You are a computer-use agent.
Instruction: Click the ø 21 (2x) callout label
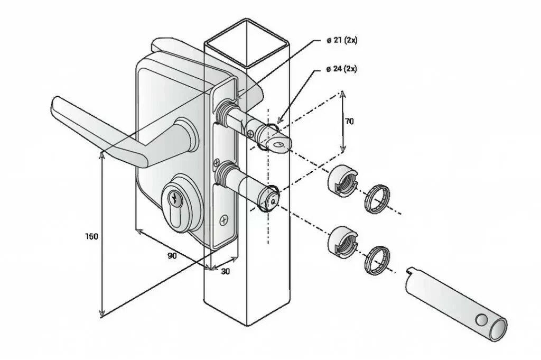[x=342, y=40]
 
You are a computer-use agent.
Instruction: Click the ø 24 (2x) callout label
[x=341, y=69]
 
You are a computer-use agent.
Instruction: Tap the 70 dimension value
[x=349, y=121]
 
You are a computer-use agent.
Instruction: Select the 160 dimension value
[x=91, y=236]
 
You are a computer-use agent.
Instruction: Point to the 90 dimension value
[x=172, y=256]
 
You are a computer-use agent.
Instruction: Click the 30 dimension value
[x=225, y=272]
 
